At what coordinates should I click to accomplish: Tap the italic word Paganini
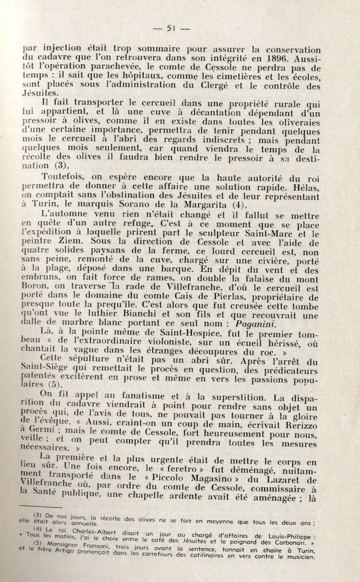point(255,324)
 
